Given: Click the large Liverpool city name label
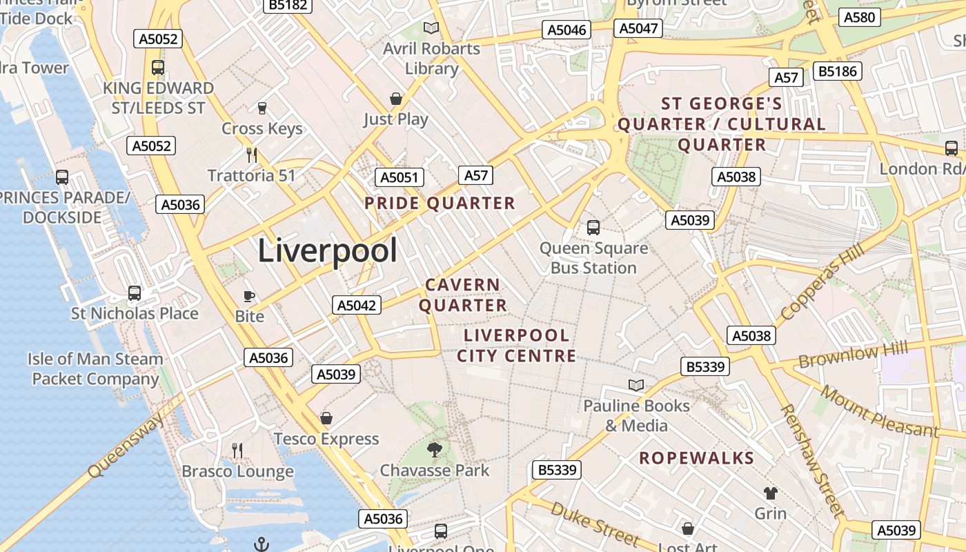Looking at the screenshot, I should pyautogui.click(x=328, y=250).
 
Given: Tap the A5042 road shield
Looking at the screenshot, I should pyautogui.click(x=357, y=305).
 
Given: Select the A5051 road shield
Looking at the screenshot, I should pyautogui.click(x=400, y=177).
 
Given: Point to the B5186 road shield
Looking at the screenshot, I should pyautogui.click(x=838, y=70).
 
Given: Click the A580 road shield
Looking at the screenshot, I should pyautogui.click(x=859, y=18).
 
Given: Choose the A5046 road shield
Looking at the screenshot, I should pyautogui.click(x=566, y=30).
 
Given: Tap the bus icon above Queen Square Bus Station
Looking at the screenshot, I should pyautogui.click(x=593, y=227).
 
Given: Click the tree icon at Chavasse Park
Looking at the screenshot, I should pyautogui.click(x=434, y=451).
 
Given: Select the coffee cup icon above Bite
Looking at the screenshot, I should pyautogui.click(x=249, y=296).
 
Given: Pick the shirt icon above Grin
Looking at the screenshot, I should pyautogui.click(x=770, y=493).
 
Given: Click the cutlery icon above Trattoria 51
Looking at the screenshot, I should pyautogui.click(x=252, y=155).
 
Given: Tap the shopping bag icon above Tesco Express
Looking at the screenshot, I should pyautogui.click(x=326, y=418).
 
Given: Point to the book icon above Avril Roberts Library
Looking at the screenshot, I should pyautogui.click(x=431, y=28).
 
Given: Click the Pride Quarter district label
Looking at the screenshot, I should pyautogui.click(x=440, y=203).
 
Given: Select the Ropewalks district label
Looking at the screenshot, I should pyautogui.click(x=696, y=458).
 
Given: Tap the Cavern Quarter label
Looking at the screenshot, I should pyautogui.click(x=463, y=295).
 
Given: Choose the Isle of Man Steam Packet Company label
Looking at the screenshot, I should pyautogui.click(x=95, y=368).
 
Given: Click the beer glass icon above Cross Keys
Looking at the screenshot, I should pyautogui.click(x=262, y=108).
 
